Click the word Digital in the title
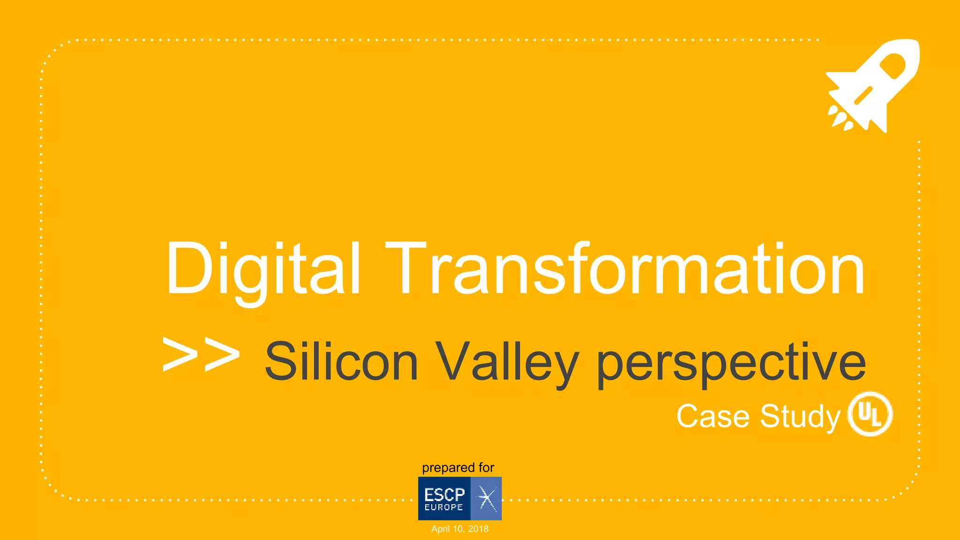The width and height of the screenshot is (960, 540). tap(263, 270)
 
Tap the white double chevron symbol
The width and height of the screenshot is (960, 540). tap(201, 355)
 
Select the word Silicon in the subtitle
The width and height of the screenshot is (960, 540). tap(341, 361)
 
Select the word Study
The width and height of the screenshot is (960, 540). tap(800, 416)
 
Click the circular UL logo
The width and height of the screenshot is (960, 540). tap(870, 414)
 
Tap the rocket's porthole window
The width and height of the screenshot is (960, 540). tap(892, 66)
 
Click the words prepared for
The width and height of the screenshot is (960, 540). tap(458, 467)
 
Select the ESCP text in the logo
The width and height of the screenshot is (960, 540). tap(444, 494)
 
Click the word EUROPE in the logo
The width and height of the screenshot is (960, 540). tap(443, 507)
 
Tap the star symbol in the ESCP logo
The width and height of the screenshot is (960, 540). tap(486, 498)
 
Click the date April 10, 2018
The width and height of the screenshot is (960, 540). tap(460, 529)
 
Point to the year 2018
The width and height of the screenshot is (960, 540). tap(478, 529)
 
